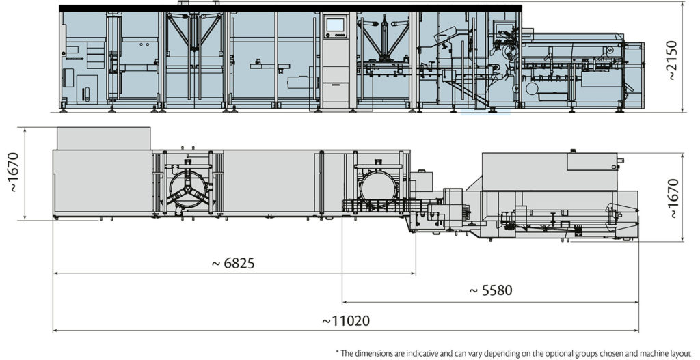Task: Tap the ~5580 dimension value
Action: (x=489, y=290)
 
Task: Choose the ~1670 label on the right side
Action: (x=673, y=198)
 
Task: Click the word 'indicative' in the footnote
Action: (x=435, y=352)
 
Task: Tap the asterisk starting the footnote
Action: (x=337, y=352)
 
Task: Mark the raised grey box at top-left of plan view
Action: (x=103, y=138)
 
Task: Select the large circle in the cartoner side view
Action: (x=532, y=88)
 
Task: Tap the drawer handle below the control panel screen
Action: (x=335, y=83)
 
